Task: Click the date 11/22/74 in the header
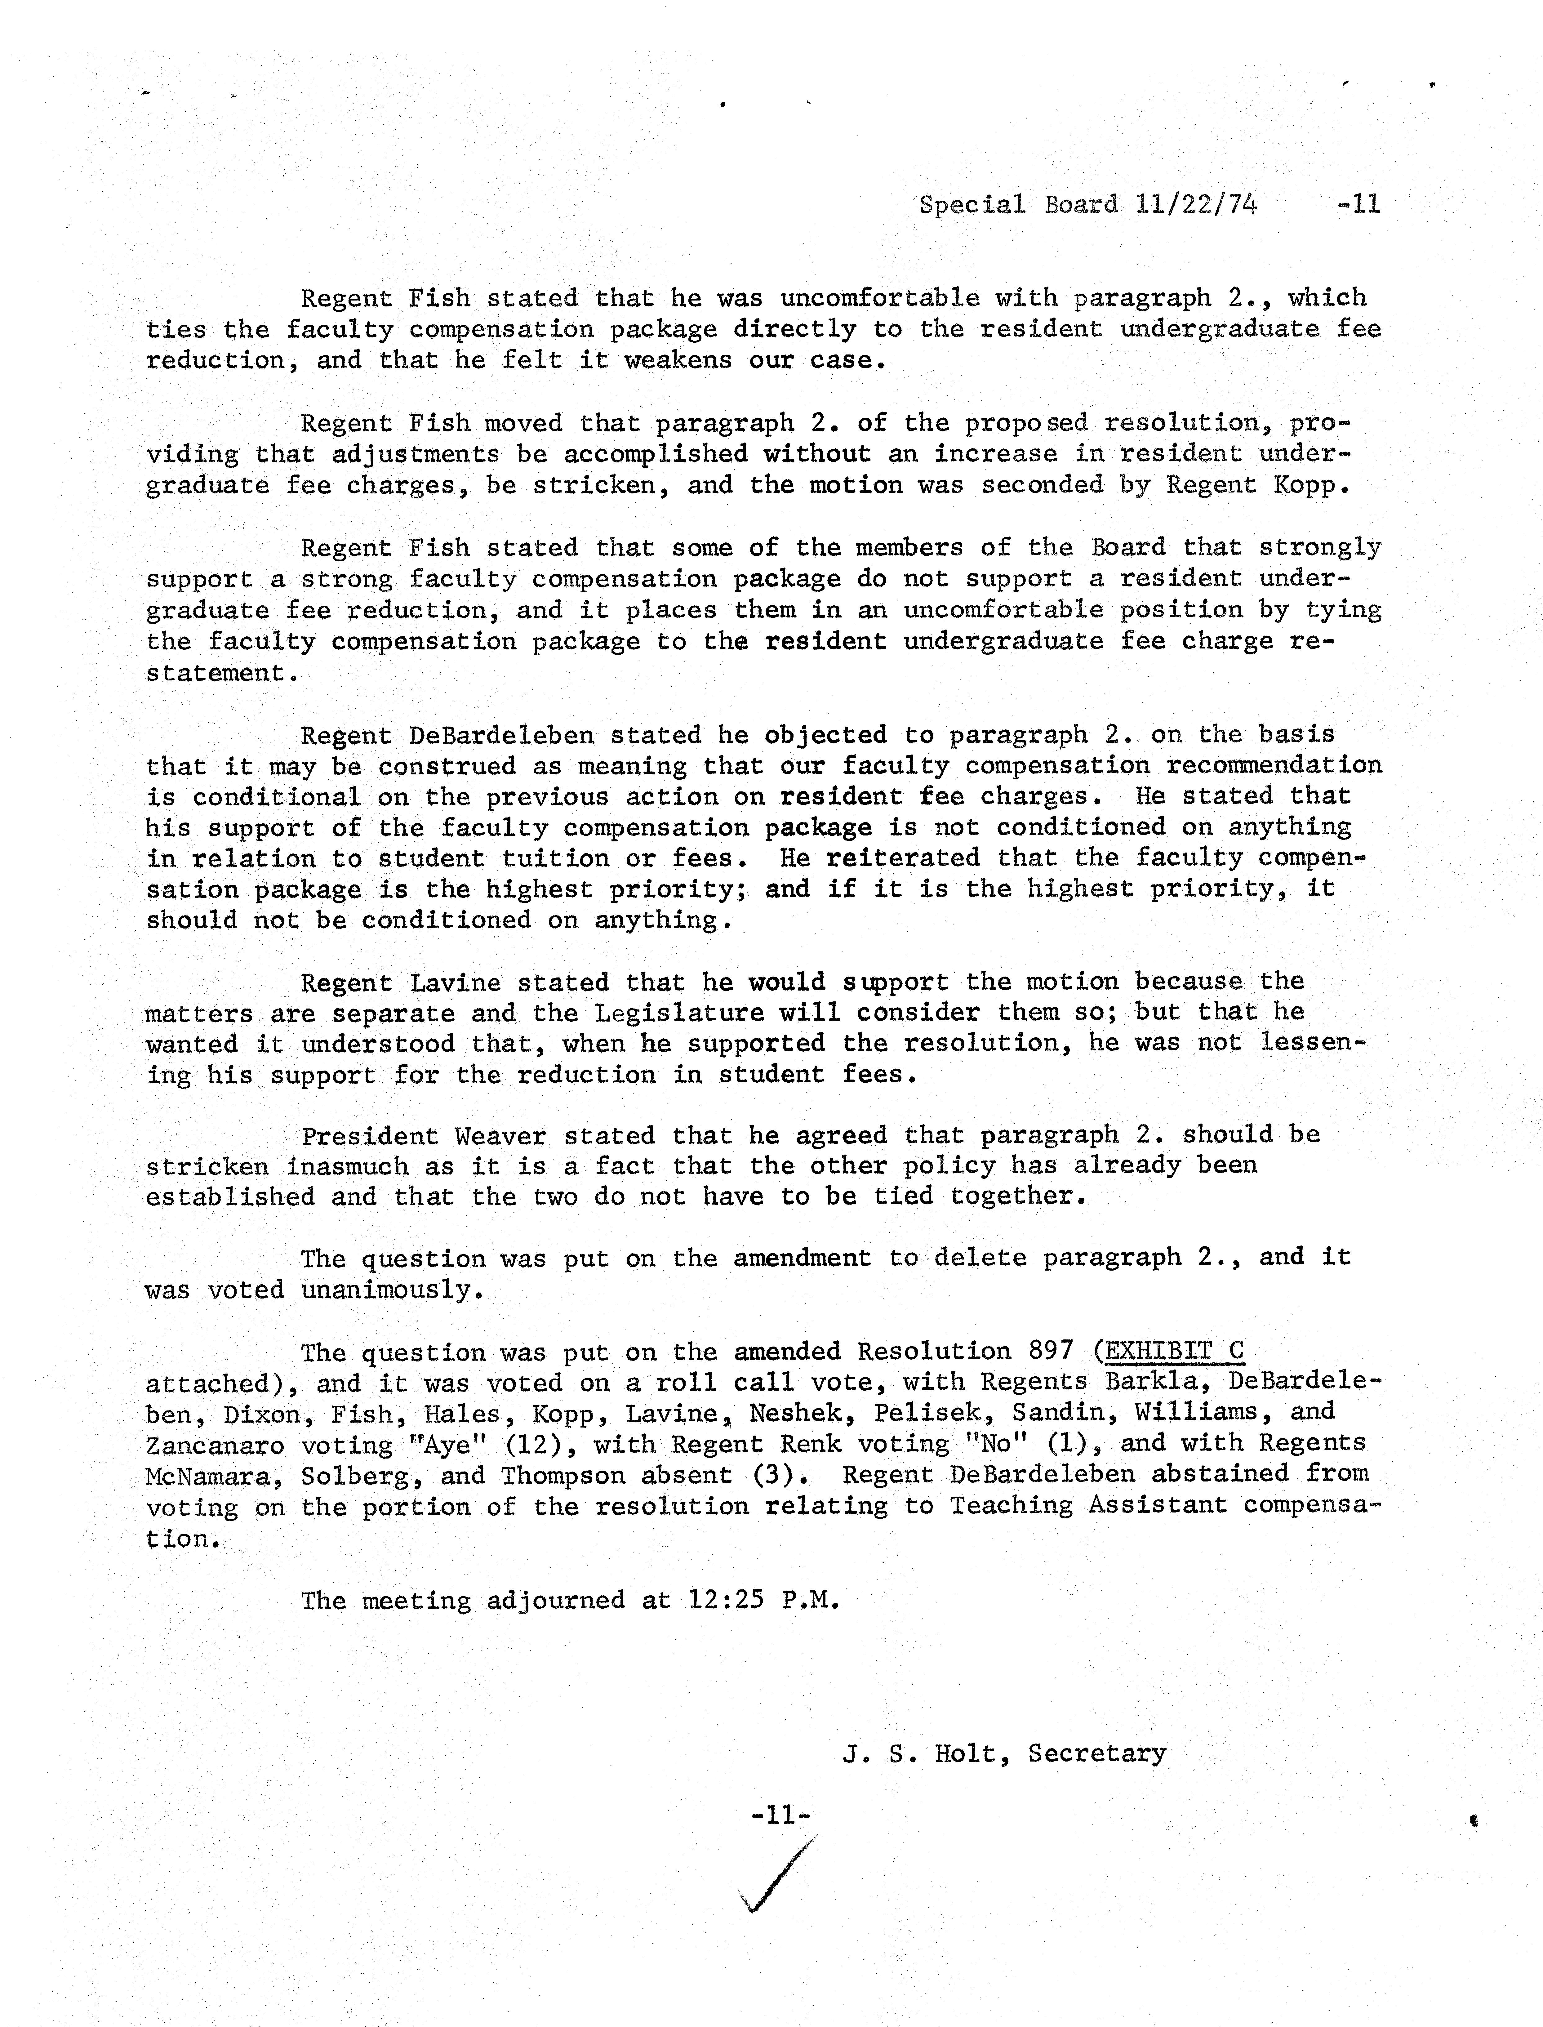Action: coord(1196,204)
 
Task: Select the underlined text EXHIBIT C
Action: coord(1174,1352)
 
